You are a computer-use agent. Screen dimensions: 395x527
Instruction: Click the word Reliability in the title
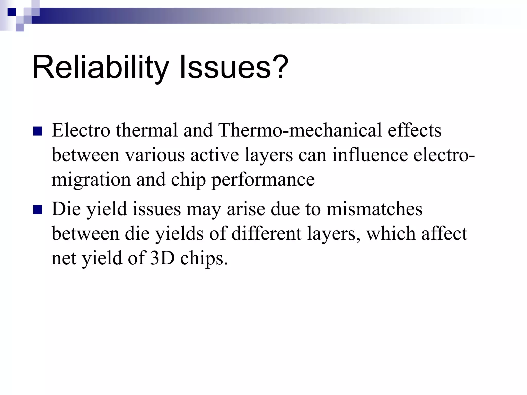click(100, 67)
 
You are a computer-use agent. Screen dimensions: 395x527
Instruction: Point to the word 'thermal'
click(147, 130)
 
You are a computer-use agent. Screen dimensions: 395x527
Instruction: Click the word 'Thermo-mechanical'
click(300, 130)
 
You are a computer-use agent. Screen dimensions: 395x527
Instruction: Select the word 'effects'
click(415, 130)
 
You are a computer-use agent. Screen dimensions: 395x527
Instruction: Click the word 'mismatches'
click(374, 209)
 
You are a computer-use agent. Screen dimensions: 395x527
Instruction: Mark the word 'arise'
click(246, 209)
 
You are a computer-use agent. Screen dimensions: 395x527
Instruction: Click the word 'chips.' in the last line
click(204, 258)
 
